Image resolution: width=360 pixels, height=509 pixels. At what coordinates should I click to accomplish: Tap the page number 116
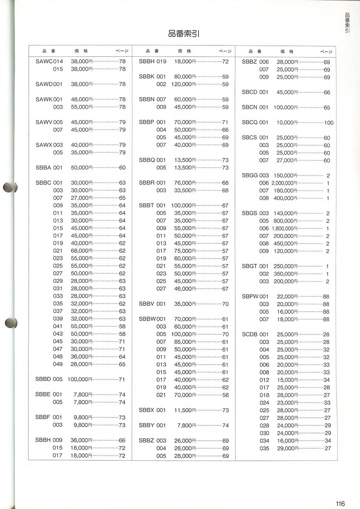[x=340, y=503]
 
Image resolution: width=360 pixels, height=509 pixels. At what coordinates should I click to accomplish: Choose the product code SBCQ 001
[x=255, y=122]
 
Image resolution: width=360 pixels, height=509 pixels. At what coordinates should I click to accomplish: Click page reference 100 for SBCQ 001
[x=328, y=123]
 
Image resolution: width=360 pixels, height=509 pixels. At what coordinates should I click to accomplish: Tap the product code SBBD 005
[x=49, y=379]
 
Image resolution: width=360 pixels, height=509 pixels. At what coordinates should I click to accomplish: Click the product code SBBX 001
[x=153, y=410]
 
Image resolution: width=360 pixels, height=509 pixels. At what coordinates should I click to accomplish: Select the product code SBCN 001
[x=255, y=107]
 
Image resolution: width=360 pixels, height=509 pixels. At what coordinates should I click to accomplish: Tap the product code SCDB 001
[x=255, y=334]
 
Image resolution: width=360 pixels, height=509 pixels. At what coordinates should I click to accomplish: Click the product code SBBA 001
[x=49, y=167]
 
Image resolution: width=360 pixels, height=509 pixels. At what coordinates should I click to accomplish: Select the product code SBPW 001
[x=255, y=296]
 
